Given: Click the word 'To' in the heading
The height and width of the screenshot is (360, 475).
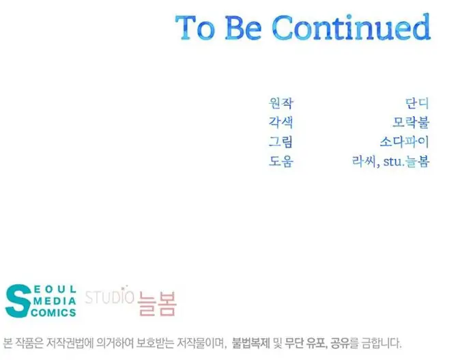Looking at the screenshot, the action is (x=195, y=27).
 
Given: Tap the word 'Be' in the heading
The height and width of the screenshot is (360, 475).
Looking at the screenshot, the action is (x=243, y=27).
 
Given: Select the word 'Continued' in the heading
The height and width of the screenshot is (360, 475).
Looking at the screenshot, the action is (x=351, y=27).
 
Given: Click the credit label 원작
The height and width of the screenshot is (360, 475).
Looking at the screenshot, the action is (x=280, y=103).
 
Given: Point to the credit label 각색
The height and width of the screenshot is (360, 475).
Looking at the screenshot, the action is (x=280, y=122).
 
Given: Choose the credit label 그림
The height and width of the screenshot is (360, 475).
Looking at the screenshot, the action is (x=280, y=141).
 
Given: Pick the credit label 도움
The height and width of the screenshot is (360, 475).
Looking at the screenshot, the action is (x=280, y=161).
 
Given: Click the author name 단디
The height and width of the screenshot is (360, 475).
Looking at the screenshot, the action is (x=417, y=103).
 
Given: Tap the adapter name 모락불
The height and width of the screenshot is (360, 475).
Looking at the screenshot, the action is (x=411, y=122).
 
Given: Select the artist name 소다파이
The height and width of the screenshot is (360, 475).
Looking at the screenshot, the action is (x=405, y=141).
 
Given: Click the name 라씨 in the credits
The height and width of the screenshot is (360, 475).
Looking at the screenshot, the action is (x=364, y=161).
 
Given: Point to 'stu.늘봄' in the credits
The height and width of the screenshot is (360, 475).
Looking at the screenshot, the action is (x=407, y=161).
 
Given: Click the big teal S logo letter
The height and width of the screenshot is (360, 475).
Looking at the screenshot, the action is (x=18, y=301).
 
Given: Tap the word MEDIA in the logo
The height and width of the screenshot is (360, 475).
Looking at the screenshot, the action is (x=55, y=301).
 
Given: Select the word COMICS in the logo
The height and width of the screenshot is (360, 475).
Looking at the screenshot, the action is (x=53, y=313).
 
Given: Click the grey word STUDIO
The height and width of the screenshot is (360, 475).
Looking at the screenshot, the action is (x=109, y=297).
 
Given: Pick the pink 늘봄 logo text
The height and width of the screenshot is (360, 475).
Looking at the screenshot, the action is (x=157, y=303).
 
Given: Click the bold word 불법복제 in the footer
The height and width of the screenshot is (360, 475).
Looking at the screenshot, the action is (x=251, y=344).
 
